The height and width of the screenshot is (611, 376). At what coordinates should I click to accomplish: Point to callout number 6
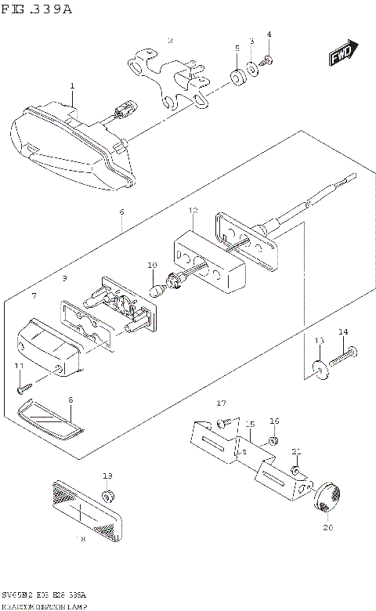(121, 212)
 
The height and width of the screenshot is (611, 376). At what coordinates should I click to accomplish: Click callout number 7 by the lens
(33, 296)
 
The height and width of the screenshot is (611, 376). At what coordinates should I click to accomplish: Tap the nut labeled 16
(273, 442)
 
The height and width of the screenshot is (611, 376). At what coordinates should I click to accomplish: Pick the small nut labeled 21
(296, 471)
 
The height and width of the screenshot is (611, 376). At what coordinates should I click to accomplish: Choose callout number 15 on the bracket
(251, 425)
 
